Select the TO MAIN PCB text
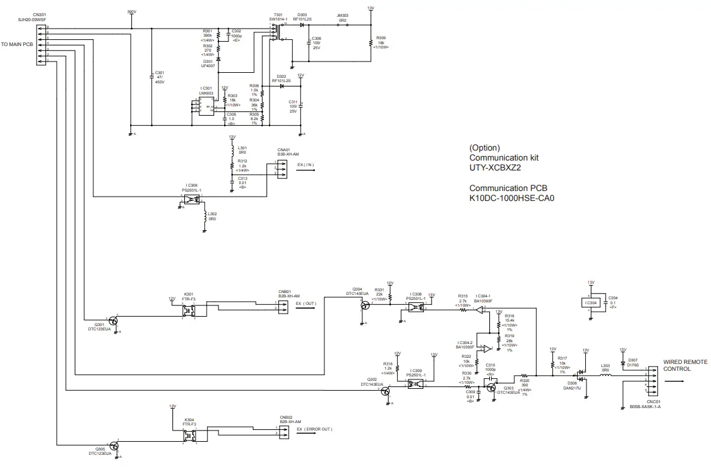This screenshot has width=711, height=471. coord(17,45)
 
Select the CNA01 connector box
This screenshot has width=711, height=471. coord(282,170)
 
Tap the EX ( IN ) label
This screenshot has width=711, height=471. coord(306,165)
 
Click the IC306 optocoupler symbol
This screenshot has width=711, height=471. coord(194,199)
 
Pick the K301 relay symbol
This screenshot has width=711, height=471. coord(189,309)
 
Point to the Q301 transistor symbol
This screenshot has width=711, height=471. coord(113,321)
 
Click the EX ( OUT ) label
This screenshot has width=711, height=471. coord(306,304)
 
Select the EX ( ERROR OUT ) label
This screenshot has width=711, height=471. coord(314,429)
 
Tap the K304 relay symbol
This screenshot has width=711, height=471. coord(189,435)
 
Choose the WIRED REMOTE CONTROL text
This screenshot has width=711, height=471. coord(685,365)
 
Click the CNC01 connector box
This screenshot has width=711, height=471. coord(652,381)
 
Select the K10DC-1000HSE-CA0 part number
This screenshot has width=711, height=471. coord(511,198)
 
